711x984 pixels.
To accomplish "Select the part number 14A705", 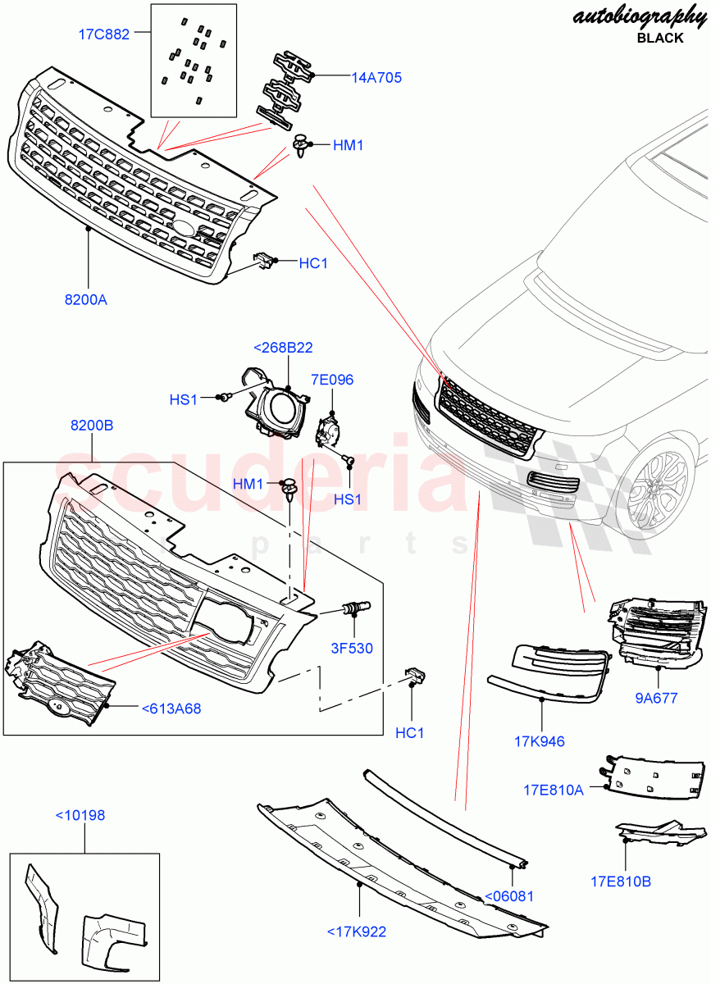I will [376, 78].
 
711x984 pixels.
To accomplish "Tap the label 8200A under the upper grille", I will [86, 299].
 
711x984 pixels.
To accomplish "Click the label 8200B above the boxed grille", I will [92, 426].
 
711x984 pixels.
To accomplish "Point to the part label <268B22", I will [283, 348].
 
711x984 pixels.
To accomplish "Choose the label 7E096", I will [332, 380].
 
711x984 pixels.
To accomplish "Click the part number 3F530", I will [353, 648].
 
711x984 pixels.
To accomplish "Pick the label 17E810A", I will [554, 790].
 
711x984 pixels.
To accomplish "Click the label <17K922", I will [356, 932].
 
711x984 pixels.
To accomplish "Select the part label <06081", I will [509, 896].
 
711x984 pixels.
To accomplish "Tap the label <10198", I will [80, 815].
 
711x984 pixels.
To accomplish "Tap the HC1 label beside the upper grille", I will [313, 263].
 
